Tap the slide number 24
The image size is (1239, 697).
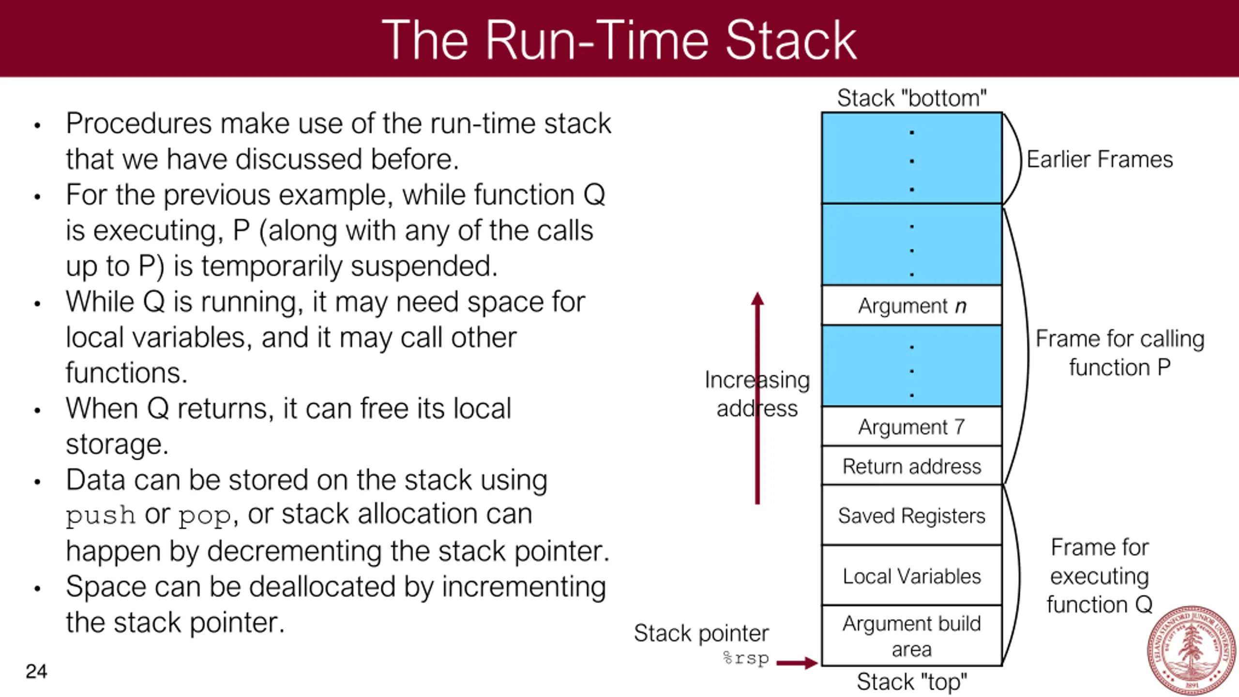(x=36, y=671)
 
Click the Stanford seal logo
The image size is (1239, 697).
(x=1192, y=651)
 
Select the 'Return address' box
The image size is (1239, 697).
(x=912, y=466)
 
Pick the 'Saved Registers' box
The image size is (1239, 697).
(x=912, y=515)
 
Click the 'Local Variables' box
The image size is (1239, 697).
(x=912, y=576)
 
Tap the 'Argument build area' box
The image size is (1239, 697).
(x=912, y=636)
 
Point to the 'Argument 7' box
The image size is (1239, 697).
(x=912, y=426)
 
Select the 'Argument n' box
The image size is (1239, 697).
(x=912, y=305)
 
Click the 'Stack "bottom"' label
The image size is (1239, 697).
(x=912, y=98)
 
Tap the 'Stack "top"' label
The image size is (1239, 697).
(x=912, y=682)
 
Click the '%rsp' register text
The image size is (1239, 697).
(x=746, y=658)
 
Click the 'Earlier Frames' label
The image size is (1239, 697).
(x=1100, y=159)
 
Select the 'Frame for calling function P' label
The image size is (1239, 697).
(x=1120, y=353)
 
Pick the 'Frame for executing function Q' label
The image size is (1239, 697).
(x=1100, y=576)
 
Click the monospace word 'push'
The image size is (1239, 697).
(x=101, y=516)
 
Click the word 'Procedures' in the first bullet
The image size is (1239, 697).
(x=139, y=123)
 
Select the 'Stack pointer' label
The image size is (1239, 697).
(x=701, y=633)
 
